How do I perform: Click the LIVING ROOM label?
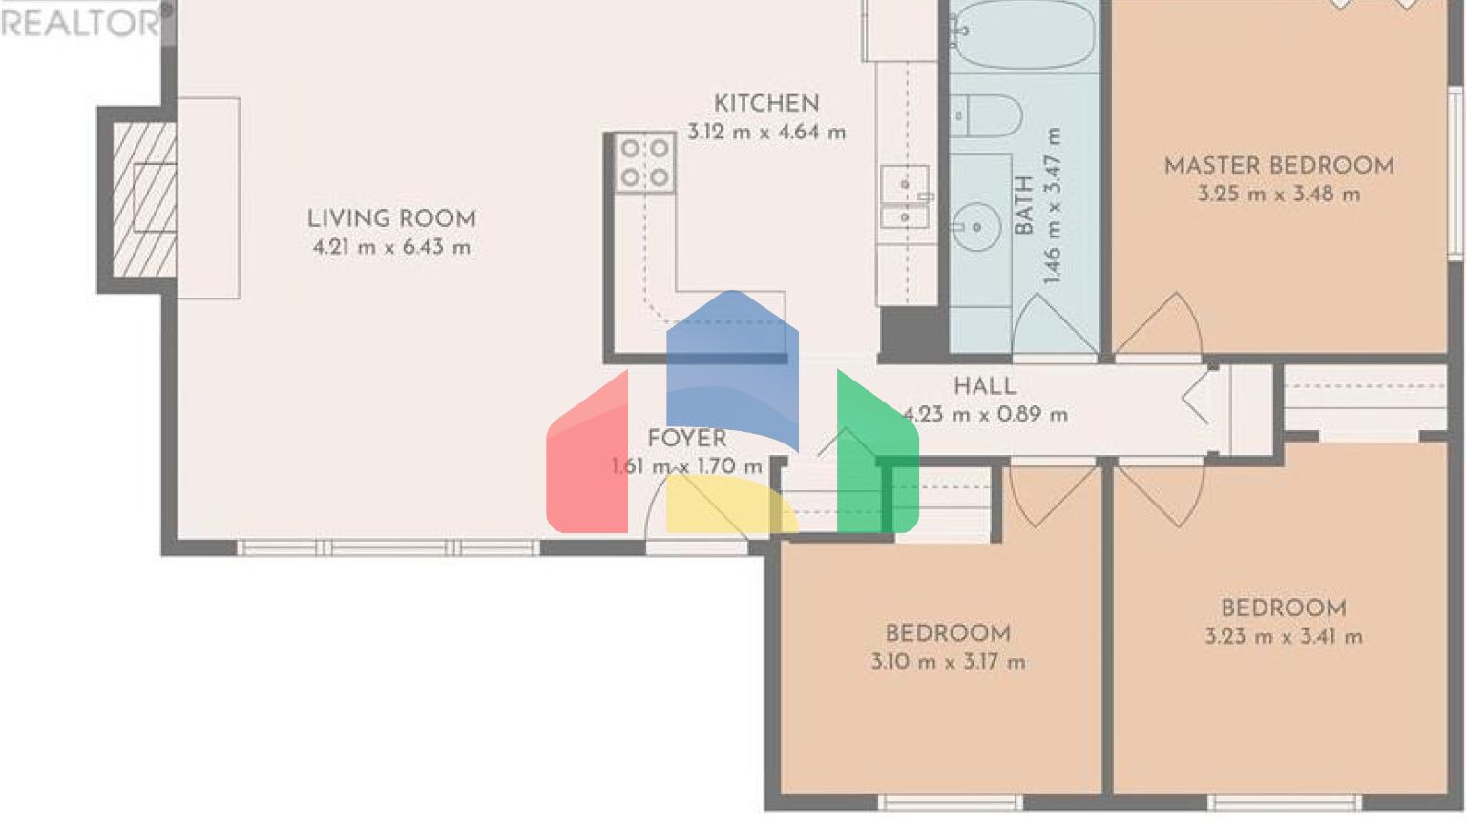tap(391, 218)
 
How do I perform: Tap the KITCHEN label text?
tap(766, 104)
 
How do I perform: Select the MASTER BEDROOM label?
tap(1279, 166)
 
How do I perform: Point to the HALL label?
tap(985, 386)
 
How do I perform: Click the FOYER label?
tap(686, 439)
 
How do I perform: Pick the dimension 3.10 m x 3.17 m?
tap(948, 662)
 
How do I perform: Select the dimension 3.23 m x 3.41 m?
tap(1283, 637)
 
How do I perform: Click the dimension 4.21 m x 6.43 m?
tap(391, 248)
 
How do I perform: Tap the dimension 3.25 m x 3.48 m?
tap(1279, 195)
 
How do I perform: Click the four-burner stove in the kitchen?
tap(644, 163)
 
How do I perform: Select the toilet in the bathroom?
tap(985, 116)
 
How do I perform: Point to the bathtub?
tap(1023, 33)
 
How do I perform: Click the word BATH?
tap(1024, 205)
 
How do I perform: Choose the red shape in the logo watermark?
tap(587, 458)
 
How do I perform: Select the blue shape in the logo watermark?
tap(731, 362)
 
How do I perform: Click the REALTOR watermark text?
tap(81, 22)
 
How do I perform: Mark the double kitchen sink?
tap(904, 198)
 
